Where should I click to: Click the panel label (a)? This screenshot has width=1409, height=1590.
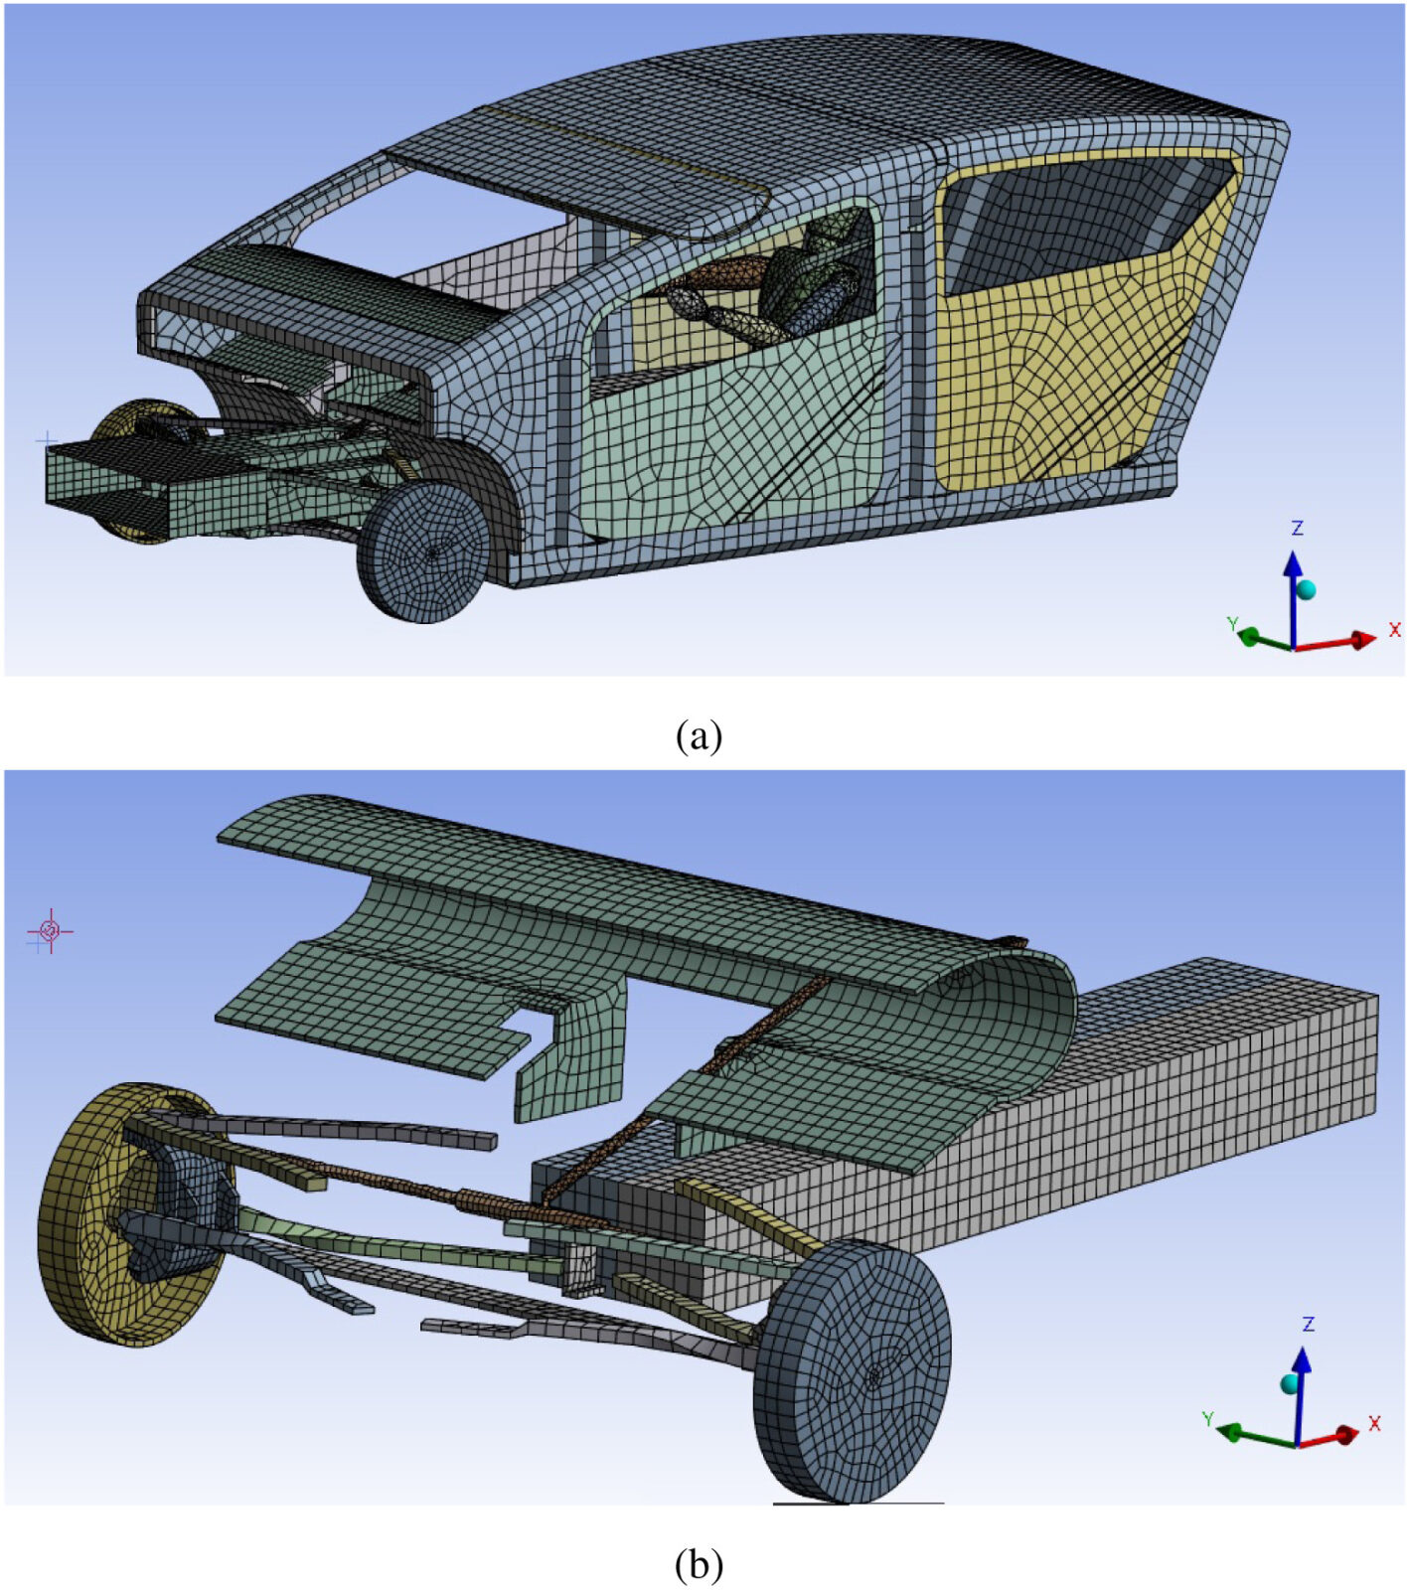tap(699, 736)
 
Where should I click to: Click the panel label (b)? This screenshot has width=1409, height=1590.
tap(699, 1564)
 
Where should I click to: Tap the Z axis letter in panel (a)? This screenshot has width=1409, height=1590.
tap(1297, 528)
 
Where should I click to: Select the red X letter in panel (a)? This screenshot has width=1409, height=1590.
tap(1395, 629)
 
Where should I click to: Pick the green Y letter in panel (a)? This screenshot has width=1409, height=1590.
tap(1232, 624)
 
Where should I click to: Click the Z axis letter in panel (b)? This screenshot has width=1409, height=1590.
tap(1308, 1324)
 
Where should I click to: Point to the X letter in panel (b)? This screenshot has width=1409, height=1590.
tap(1374, 1423)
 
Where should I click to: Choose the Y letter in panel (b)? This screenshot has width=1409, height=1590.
tap(1208, 1418)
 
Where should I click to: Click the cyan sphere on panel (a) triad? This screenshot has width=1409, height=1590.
tap(1306, 590)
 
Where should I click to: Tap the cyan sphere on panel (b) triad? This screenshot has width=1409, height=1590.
tap(1290, 1383)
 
